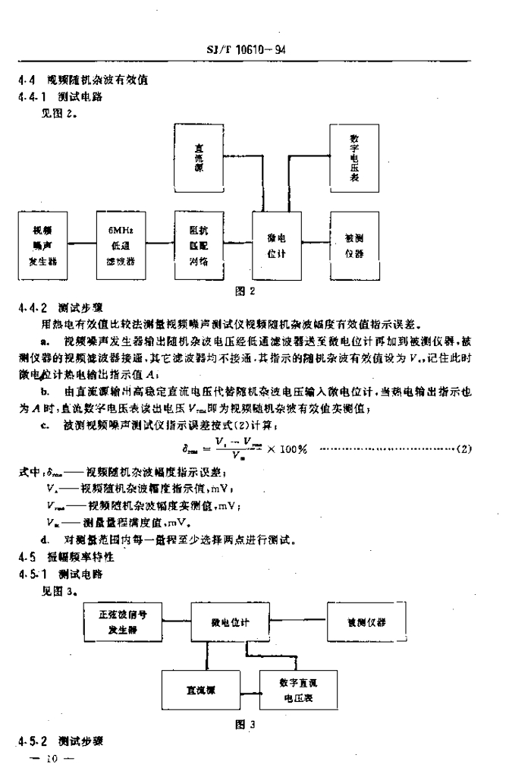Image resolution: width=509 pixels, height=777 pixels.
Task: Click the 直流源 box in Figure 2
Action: click(x=199, y=160)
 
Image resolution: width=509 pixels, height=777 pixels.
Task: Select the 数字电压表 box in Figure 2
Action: click(x=355, y=160)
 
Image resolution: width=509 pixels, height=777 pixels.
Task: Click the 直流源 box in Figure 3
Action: click(x=200, y=690)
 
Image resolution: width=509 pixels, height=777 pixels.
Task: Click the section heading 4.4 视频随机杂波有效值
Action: click(x=72, y=78)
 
